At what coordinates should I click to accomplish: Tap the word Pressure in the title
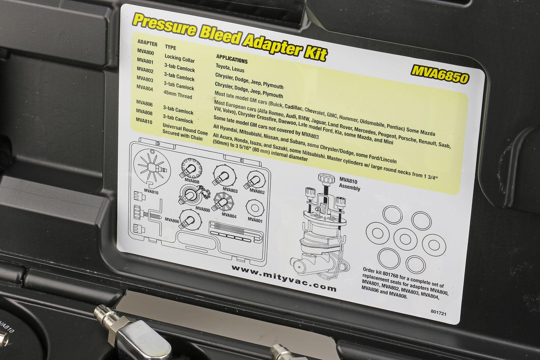coord(164,26)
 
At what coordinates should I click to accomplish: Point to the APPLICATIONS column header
coord(232,59)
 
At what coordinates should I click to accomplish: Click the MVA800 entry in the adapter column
coord(145,52)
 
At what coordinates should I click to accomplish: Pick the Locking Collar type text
coord(180,58)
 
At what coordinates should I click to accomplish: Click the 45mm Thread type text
coord(178,95)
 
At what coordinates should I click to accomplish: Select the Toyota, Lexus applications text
coord(230,68)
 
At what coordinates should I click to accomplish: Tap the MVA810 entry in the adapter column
coord(144,121)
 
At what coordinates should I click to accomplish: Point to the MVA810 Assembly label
coord(350,184)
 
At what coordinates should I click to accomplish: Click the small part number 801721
coord(438,313)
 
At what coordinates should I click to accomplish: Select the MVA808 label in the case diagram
coord(192,181)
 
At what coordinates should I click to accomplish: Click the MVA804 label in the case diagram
coord(229,215)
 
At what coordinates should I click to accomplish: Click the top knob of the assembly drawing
coord(326,178)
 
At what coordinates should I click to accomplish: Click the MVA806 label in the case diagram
coord(172,220)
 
